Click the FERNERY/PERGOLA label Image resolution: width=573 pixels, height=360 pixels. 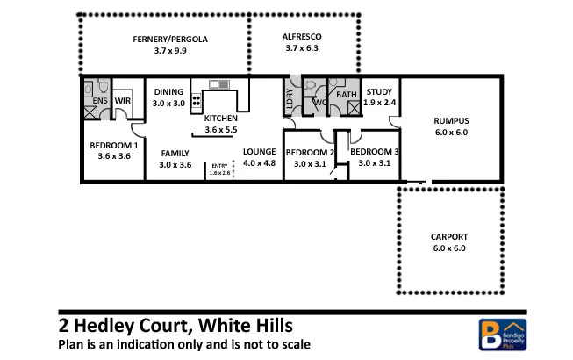point(170,39)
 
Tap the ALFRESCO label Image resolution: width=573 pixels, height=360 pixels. point(304,36)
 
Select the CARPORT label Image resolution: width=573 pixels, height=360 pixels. point(448,237)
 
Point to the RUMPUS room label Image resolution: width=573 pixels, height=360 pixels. point(452,121)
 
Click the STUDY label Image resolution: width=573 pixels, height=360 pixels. point(379,91)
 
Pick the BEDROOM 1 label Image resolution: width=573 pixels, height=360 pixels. point(113,145)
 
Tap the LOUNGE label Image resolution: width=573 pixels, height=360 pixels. point(259,152)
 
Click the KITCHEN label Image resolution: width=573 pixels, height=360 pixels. point(220,118)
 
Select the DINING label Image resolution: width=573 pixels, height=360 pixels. point(168,91)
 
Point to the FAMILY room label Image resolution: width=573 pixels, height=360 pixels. point(175,153)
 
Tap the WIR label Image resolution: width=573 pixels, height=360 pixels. point(123,101)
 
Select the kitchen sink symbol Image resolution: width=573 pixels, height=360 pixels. point(219,85)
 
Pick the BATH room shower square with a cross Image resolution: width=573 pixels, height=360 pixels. point(354,109)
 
